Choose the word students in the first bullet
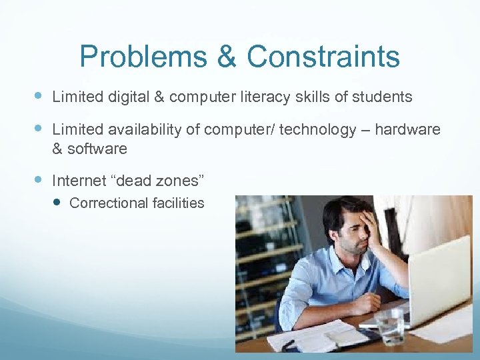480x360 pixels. [383, 97]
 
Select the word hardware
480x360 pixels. [407, 129]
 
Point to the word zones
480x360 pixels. [176, 180]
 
